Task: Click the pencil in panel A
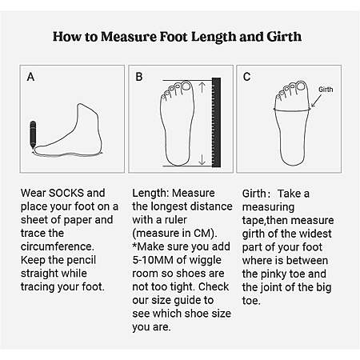point(33,134)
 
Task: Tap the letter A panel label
point(30,77)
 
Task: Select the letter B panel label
point(139,77)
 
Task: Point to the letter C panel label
point(246,77)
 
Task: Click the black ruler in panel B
point(216,122)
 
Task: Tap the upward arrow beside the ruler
point(202,87)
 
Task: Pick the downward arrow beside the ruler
point(202,159)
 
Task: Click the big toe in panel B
point(186,86)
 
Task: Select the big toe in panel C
point(301,86)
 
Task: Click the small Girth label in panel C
point(326,90)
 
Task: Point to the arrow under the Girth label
point(316,101)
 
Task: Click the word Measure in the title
point(129,37)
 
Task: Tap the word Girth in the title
point(284,37)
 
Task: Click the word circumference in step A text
point(58,246)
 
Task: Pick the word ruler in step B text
point(175,220)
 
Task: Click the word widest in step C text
point(316,234)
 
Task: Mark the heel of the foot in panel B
point(178,160)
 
